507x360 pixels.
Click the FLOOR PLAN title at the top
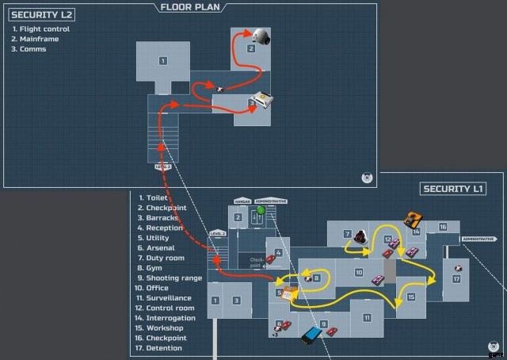pos(190,7)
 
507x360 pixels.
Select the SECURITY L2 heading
pos(42,14)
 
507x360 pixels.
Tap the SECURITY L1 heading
pos(454,189)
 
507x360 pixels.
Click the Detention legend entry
pos(164,347)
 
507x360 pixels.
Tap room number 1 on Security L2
pos(162,60)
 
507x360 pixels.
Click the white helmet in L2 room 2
pos(261,36)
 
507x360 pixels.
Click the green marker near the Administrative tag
pos(261,209)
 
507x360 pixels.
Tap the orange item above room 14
pos(412,220)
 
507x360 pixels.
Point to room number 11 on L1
pos(367,316)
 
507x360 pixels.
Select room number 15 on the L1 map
pos(411,297)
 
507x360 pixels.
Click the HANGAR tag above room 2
pos(241,201)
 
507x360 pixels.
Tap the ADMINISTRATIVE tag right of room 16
pos(478,239)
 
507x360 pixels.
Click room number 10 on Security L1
pos(358,273)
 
